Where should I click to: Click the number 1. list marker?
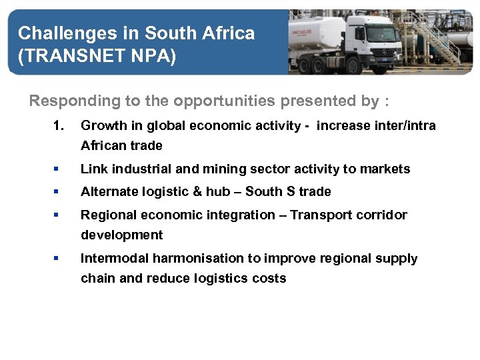[x=59, y=125]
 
